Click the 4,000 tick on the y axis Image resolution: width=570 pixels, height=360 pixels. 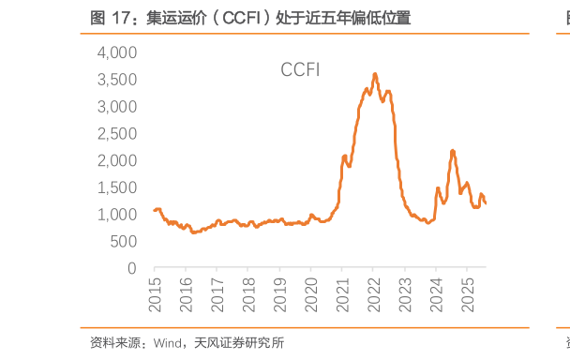pyautogui.click(x=117, y=52)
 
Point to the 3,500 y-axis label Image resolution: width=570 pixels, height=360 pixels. pyautogui.click(x=117, y=80)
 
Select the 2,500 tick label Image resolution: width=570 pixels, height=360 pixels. pyautogui.click(x=117, y=133)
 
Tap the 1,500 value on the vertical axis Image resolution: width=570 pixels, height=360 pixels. pyautogui.click(x=117, y=187)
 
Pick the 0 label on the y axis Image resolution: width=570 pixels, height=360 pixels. pyautogui.click(x=132, y=268)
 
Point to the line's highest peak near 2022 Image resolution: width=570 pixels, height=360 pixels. pyautogui.click(x=375, y=74)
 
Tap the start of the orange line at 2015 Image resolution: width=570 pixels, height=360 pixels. pyautogui.click(x=155, y=210)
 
